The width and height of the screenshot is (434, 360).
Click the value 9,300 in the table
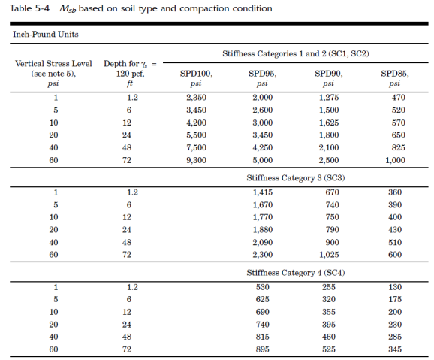196,160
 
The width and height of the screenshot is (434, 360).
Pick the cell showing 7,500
196,147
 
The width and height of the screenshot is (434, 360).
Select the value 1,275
329,98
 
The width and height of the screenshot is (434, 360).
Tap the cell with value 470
398,98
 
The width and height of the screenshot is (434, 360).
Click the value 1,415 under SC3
262,192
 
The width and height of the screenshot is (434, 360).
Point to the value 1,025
329,255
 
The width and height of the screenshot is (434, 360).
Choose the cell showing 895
262,349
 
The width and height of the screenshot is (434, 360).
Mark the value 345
395,349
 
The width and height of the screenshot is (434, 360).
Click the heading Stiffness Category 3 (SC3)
296,177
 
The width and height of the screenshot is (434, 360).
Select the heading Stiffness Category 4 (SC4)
296,273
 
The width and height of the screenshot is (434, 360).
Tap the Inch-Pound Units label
46,34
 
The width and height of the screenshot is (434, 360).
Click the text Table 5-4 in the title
29,8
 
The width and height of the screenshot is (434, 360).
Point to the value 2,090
262,243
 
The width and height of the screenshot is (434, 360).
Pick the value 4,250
262,147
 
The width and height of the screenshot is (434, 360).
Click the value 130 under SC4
395,287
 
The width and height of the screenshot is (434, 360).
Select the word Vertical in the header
29,63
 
